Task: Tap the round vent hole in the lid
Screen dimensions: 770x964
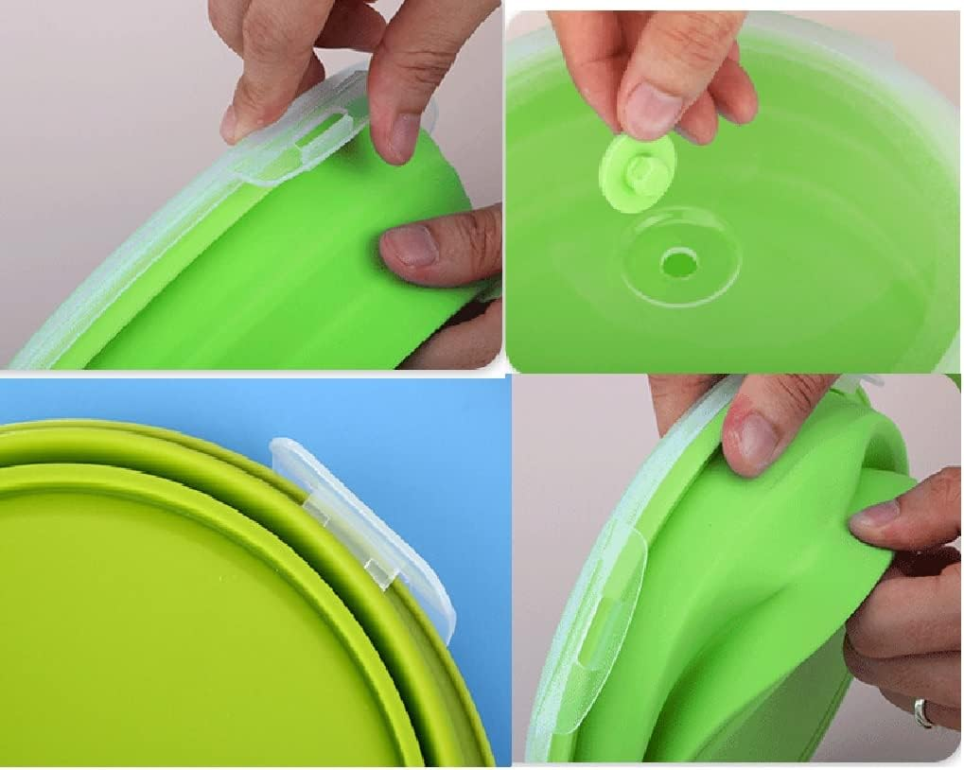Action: [679, 261]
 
